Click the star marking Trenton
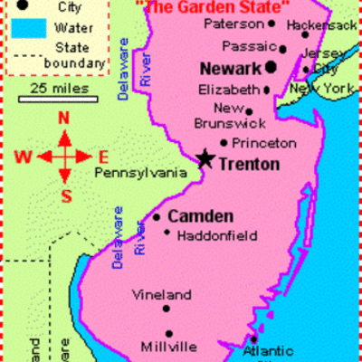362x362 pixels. [x=205, y=159]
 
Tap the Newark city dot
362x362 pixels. [x=271, y=66]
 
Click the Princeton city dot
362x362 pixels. [x=224, y=142]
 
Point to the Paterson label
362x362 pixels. [x=233, y=23]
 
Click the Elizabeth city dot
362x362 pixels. [x=266, y=90]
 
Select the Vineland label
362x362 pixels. [x=162, y=294]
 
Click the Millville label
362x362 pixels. [x=168, y=347]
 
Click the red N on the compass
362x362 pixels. [x=63, y=119]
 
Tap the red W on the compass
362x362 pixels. [x=24, y=156]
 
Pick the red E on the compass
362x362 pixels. [x=103, y=156]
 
